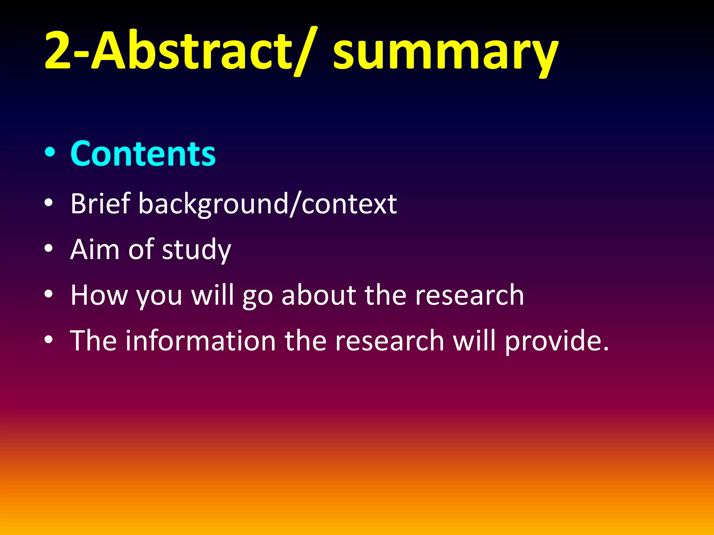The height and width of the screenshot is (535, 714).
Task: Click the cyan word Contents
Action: (x=143, y=153)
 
